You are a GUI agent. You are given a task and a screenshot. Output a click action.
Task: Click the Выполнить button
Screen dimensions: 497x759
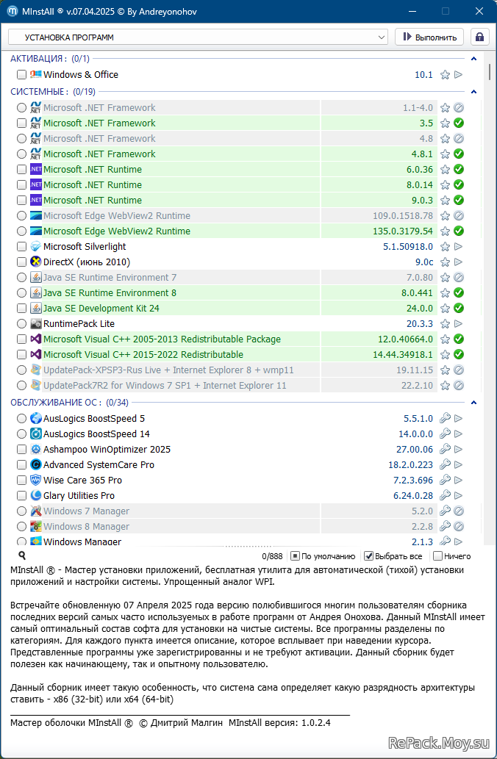pyautogui.click(x=429, y=37)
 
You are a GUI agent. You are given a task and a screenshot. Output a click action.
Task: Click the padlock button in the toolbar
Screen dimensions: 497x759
pyautogui.click(x=479, y=37)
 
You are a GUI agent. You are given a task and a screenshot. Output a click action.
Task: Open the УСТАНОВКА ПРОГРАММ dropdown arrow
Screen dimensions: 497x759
pyautogui.click(x=382, y=37)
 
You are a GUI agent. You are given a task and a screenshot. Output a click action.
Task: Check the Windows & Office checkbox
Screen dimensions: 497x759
pyautogui.click(x=21, y=74)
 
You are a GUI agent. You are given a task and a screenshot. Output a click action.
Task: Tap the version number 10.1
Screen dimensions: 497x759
pyautogui.click(x=423, y=74)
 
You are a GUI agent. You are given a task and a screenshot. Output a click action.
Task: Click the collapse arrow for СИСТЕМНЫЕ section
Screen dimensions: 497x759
pyautogui.click(x=473, y=92)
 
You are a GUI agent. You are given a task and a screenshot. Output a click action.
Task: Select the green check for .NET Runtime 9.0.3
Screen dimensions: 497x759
pyautogui.click(x=458, y=200)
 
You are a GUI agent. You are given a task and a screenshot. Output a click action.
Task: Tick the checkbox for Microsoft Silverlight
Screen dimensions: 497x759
pyautogui.click(x=21, y=246)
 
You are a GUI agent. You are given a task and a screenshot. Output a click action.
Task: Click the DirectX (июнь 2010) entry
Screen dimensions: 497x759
pyautogui.click(x=87, y=262)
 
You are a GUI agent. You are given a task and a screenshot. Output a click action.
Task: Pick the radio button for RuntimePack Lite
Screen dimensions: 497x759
pyautogui.click(x=21, y=323)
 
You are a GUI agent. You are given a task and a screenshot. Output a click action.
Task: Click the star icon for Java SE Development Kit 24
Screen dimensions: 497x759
pyautogui.click(x=445, y=309)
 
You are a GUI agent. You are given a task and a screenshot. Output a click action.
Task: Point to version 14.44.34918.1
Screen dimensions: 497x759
pyautogui.click(x=403, y=354)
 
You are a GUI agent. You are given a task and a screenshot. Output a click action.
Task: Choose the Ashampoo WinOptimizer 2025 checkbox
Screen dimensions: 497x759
pyautogui.click(x=21, y=449)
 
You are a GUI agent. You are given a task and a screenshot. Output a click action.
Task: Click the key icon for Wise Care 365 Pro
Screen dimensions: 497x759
pyautogui.click(x=445, y=481)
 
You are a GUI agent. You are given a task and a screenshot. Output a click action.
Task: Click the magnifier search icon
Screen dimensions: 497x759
pyautogui.click(x=22, y=555)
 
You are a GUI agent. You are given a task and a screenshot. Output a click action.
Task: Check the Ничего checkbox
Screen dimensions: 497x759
pyautogui.click(x=437, y=556)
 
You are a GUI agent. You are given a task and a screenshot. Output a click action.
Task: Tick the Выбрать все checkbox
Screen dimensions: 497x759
pyautogui.click(x=368, y=556)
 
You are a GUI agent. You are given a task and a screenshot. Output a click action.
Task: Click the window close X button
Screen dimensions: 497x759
pyautogui.click(x=479, y=11)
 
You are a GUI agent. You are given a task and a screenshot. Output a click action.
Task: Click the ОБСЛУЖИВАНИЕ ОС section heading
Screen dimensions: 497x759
pyautogui.click(x=56, y=402)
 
